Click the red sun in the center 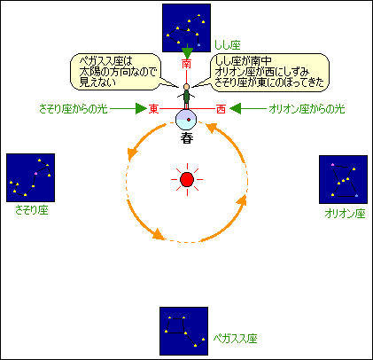point(187,179)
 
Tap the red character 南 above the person point(186,64)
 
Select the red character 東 point(153,109)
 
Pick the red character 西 point(221,109)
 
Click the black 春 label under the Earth point(187,138)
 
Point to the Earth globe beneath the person point(186,120)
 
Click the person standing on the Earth point(186,97)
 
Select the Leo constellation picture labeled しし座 point(186,28)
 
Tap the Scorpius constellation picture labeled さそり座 point(31,177)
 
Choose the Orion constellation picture point(343,179)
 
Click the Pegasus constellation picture point(183,331)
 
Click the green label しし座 point(228,45)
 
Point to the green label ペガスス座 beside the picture point(236,339)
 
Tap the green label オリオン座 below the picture point(345,214)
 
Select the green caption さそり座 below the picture point(32,210)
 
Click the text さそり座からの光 point(74,109)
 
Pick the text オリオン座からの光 point(307,109)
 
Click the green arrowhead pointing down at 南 point(187,52)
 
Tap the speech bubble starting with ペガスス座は point(116,72)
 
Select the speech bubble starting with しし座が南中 point(269,73)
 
